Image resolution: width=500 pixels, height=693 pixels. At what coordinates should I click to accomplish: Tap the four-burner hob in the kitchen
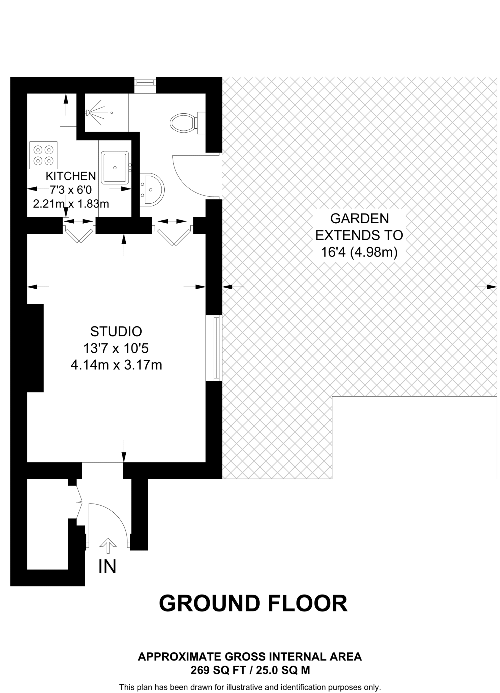(x=44, y=155)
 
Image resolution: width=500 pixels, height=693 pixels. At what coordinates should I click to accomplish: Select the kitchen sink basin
(x=115, y=167)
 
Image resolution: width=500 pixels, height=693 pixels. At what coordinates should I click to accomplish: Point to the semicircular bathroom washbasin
(x=153, y=189)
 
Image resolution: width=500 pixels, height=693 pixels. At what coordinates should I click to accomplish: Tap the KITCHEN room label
(x=71, y=176)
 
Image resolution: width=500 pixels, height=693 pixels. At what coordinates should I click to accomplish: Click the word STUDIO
(x=116, y=332)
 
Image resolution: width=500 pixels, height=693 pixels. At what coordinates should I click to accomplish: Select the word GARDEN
(x=359, y=219)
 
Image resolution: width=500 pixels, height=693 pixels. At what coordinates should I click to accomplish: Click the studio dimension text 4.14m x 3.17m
(x=116, y=365)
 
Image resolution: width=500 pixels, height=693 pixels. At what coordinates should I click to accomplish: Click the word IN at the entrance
(x=108, y=566)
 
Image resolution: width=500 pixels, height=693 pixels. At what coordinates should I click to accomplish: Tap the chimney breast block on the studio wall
(x=35, y=348)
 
